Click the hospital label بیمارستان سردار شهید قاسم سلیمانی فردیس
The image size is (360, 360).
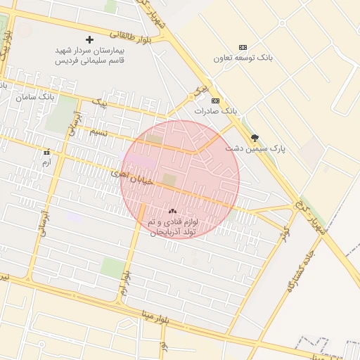pos(89,56)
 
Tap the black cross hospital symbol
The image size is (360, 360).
pos(89,39)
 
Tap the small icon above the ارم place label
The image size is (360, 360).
pos(47,153)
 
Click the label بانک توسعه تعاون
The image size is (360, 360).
pos(243,58)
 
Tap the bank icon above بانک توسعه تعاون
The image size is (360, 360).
pos(243,46)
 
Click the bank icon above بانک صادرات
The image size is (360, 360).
pos(215,100)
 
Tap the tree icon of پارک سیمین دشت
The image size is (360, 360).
pos(255,138)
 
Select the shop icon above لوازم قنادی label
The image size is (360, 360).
pos(173,211)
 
